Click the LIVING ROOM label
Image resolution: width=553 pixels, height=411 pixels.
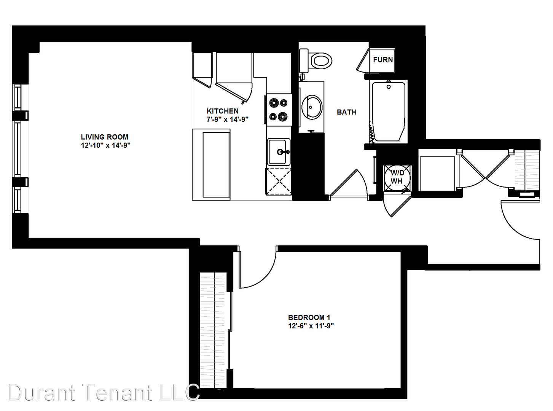click(x=104, y=137)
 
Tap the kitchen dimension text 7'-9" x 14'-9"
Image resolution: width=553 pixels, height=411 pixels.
click(x=228, y=120)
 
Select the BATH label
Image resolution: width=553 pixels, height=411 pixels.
click(x=347, y=112)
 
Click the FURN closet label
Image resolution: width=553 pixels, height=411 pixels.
click(x=383, y=60)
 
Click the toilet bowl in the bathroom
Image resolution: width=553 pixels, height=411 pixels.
click(x=322, y=61)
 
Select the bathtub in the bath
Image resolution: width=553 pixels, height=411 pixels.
click(x=389, y=112)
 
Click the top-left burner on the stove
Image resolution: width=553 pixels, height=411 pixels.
click(x=274, y=102)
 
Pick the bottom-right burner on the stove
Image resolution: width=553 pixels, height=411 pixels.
click(x=283, y=116)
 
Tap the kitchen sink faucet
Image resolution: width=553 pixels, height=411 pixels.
click(x=283, y=151)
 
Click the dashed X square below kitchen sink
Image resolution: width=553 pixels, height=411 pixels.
click(x=278, y=181)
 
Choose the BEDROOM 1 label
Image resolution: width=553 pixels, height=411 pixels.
click(x=309, y=317)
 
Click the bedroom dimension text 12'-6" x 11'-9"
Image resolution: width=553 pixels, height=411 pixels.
click(x=311, y=326)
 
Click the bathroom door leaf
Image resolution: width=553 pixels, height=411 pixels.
click(x=344, y=182)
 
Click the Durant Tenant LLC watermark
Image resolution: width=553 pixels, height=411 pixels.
click(x=104, y=393)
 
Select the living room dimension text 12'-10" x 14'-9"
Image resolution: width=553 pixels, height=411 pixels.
click(x=106, y=145)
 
